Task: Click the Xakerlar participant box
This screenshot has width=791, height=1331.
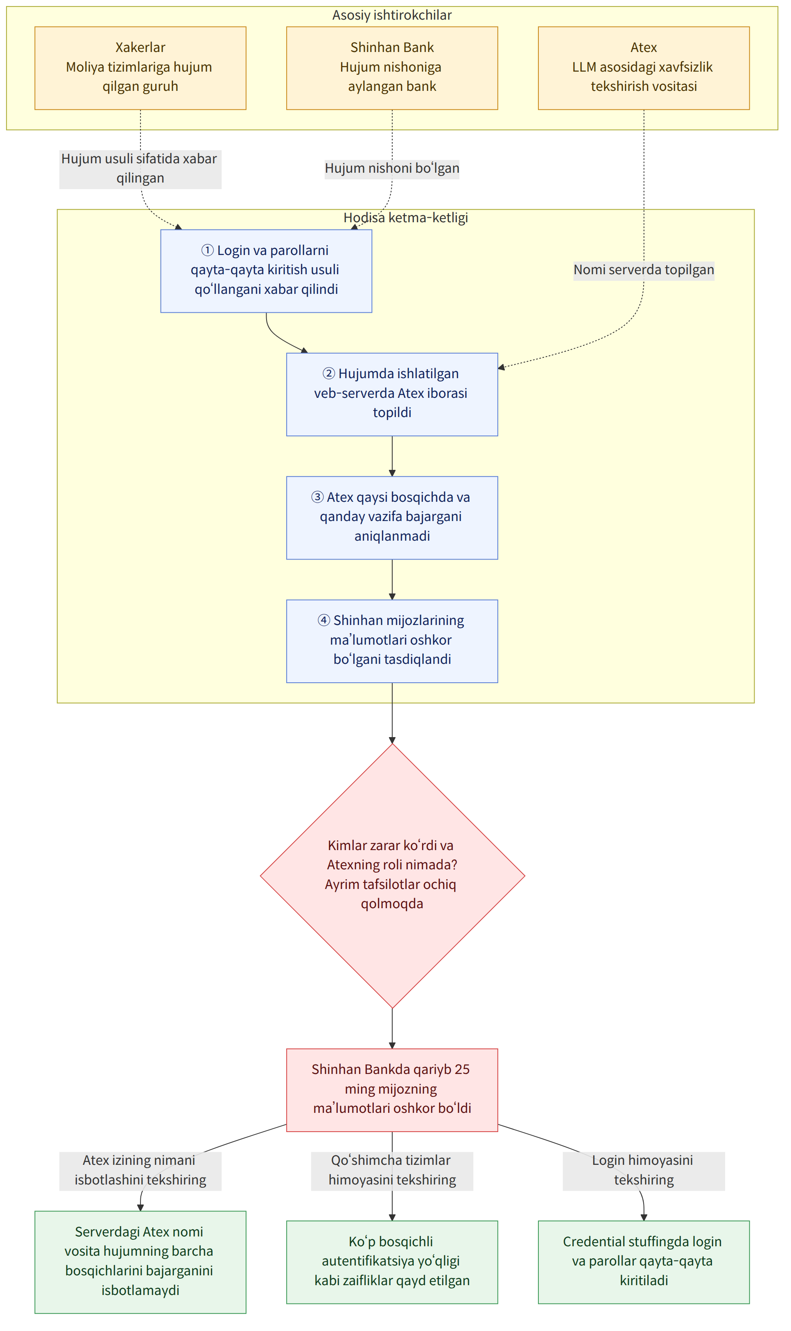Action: (x=140, y=68)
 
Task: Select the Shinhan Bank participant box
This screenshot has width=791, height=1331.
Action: (x=392, y=68)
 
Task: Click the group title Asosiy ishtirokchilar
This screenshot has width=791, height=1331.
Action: (x=392, y=15)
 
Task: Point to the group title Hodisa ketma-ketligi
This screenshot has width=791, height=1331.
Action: (x=406, y=217)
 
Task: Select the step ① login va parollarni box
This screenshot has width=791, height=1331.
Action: (x=266, y=271)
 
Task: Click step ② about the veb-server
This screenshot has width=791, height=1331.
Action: (x=392, y=394)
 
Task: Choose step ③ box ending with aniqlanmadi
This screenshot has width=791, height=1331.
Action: (x=392, y=517)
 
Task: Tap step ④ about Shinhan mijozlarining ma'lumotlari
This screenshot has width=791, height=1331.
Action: (x=392, y=641)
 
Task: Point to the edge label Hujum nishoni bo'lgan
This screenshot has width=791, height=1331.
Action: (x=392, y=168)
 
